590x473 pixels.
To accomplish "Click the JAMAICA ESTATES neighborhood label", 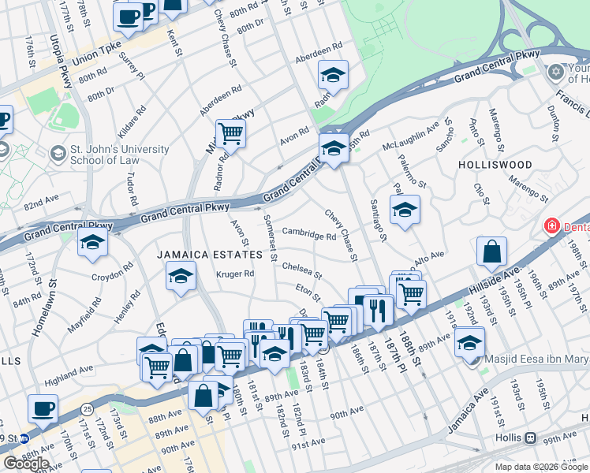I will click(208, 255).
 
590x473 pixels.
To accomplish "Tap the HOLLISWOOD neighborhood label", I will click(495, 165).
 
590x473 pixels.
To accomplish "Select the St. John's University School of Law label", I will click(108, 155).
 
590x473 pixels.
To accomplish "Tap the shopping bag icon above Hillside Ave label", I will click(491, 253).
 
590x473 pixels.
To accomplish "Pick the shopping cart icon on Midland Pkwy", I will click(230, 134).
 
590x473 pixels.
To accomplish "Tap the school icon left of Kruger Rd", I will click(181, 277).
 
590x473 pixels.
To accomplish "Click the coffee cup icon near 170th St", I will click(43, 409).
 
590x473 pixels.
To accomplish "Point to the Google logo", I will click(26, 463).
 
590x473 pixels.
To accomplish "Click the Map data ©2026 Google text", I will click(541, 467).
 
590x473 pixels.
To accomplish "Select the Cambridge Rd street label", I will click(309, 235).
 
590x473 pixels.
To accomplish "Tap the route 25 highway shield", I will click(87, 408).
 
